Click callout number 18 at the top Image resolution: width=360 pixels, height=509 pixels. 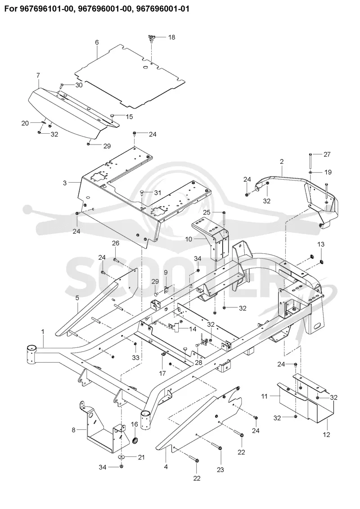171,37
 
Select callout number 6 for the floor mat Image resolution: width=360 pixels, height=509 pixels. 97,42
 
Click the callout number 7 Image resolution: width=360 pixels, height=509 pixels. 38,75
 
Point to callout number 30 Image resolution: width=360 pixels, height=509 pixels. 79,85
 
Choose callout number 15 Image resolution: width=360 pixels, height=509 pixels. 129,117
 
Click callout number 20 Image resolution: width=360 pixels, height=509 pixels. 25,123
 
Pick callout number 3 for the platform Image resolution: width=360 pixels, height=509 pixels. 65,183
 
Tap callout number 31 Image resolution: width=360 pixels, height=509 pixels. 157,193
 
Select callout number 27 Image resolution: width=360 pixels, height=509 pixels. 327,154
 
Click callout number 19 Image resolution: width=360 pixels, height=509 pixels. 328,172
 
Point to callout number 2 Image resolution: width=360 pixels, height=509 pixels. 281,161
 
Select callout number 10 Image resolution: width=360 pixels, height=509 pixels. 189,239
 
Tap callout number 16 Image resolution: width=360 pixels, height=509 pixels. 135,424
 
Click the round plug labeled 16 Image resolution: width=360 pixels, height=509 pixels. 135,441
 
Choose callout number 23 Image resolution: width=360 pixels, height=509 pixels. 220,470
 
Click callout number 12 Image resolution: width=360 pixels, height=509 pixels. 326,434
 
